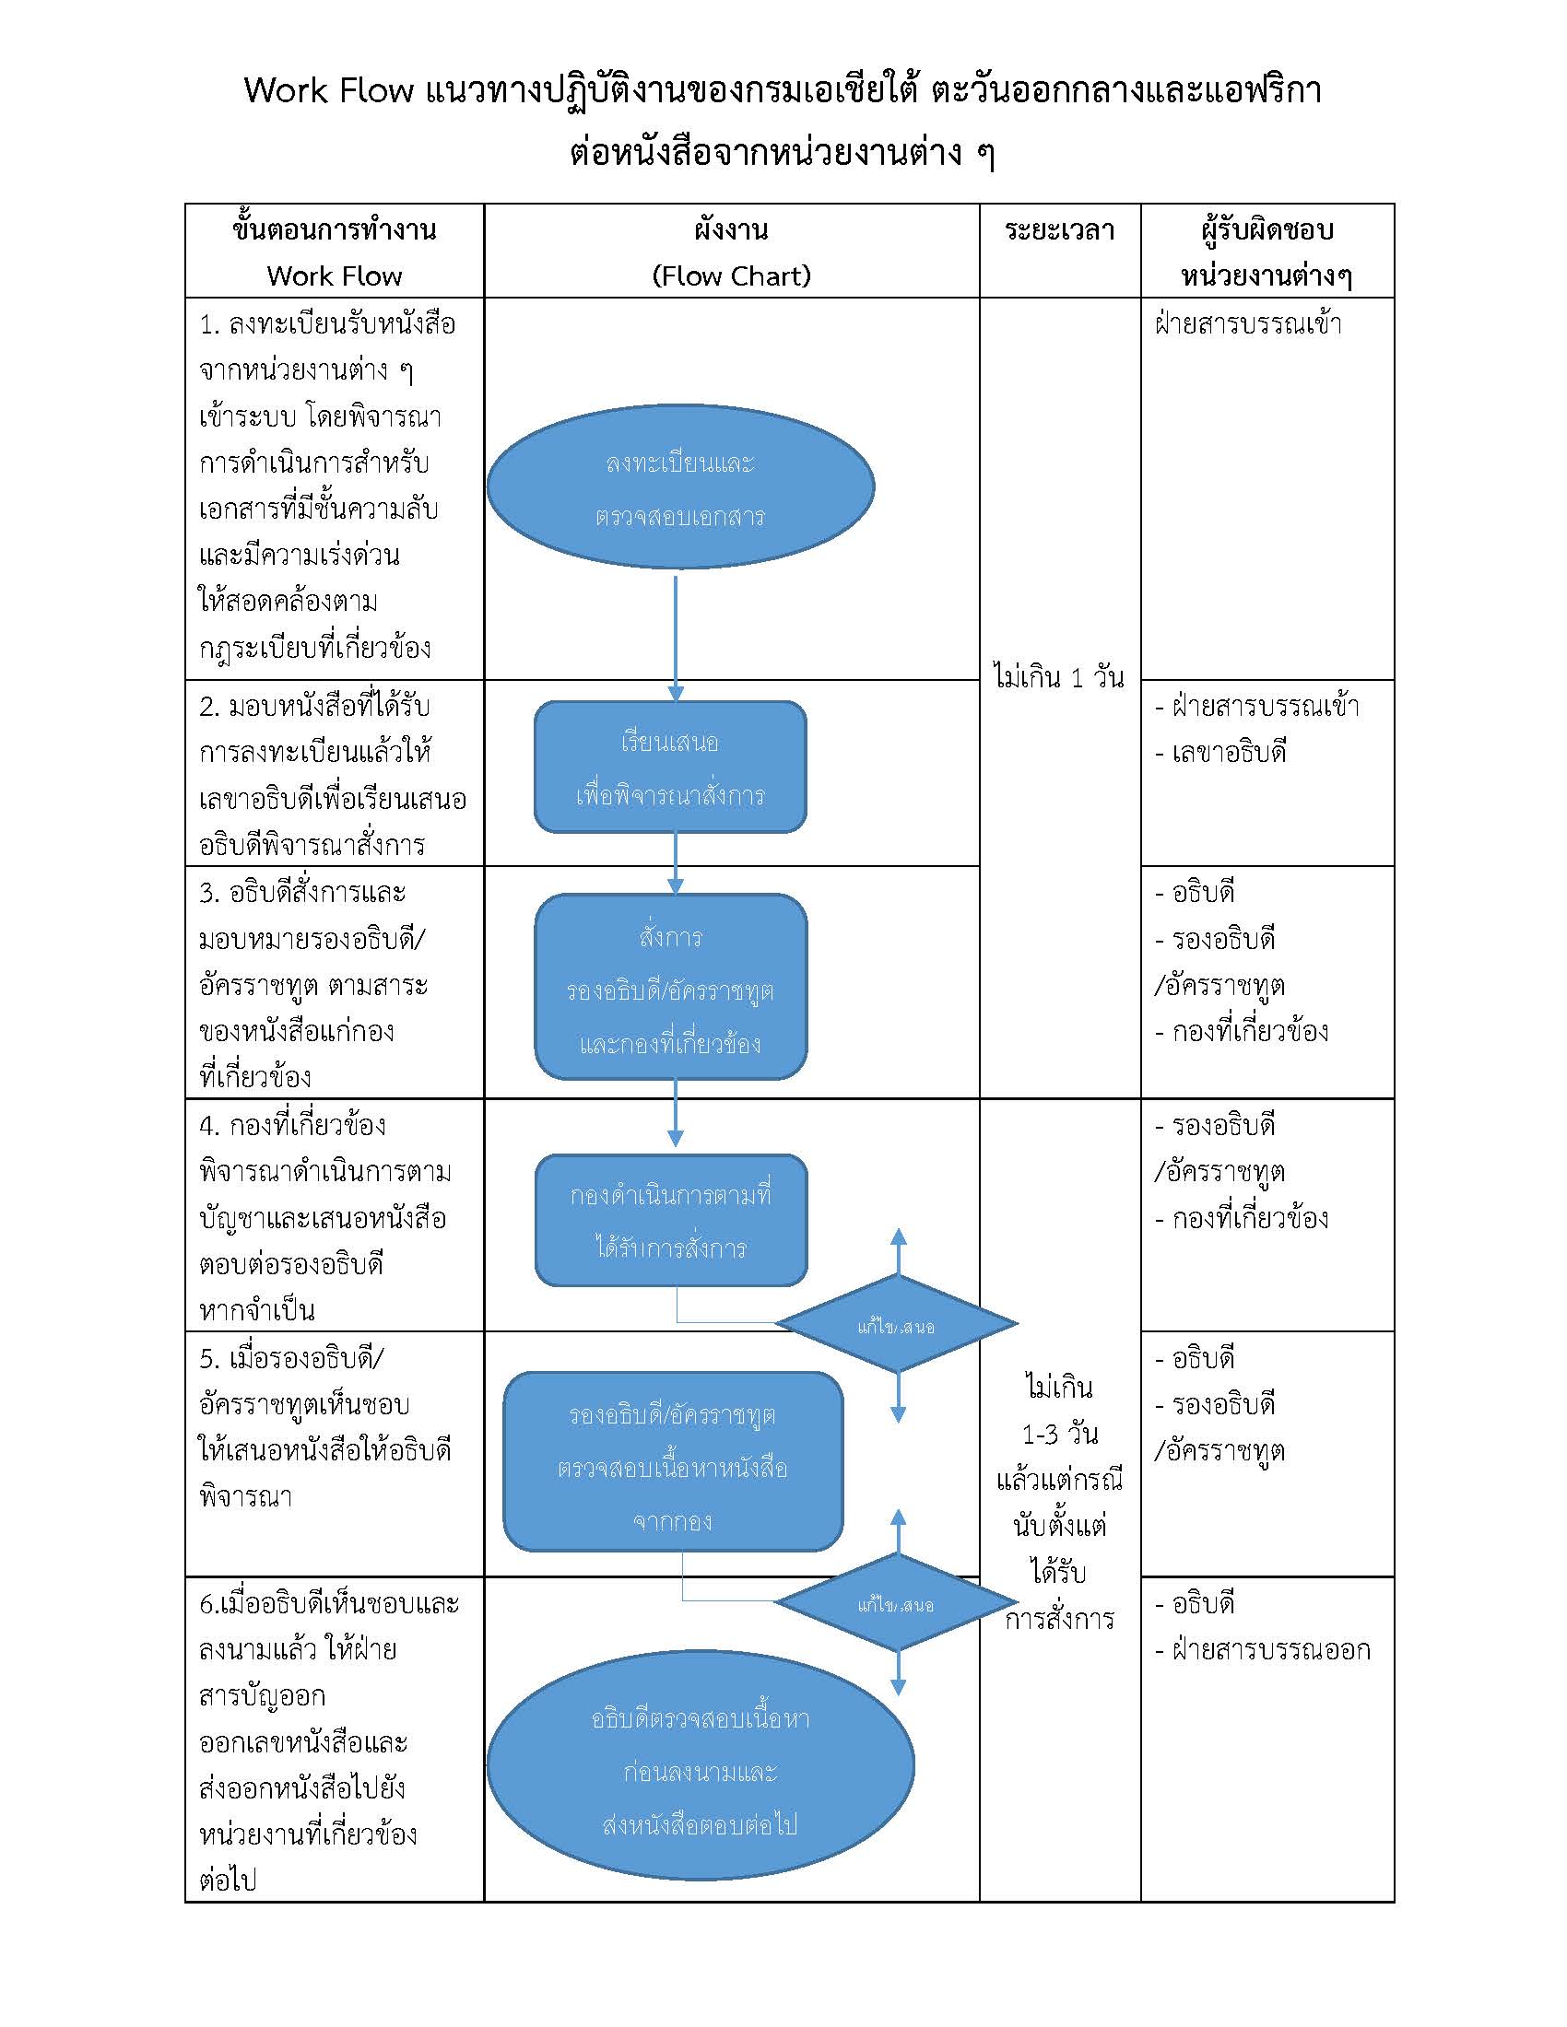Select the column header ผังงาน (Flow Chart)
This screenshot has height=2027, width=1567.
click(x=732, y=252)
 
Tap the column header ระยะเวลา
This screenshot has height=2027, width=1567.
click(x=1059, y=230)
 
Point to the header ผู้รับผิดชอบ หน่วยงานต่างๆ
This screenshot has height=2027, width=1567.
click(x=1267, y=252)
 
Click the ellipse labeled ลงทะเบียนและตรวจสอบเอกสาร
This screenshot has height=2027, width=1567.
click(x=680, y=486)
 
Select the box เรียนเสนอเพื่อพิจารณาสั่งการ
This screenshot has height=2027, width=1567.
click(x=670, y=767)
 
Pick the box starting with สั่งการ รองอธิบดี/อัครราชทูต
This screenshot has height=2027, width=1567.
click(x=671, y=987)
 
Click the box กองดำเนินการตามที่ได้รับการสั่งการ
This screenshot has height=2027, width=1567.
click(x=671, y=1221)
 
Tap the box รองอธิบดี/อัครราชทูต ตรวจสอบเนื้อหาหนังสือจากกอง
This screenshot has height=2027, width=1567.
click(x=673, y=1462)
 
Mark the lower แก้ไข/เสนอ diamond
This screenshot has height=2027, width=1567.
click(x=897, y=1603)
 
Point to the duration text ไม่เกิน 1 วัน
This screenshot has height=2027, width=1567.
click(x=1058, y=676)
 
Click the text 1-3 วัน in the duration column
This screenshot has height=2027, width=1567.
click(x=1060, y=1434)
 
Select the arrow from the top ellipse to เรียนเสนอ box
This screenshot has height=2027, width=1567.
click(x=676, y=639)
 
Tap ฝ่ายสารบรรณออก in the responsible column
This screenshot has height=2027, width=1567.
click(x=1271, y=1649)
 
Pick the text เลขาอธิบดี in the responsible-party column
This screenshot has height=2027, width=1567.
click(x=1229, y=753)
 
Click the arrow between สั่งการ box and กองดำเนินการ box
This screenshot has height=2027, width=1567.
click(x=676, y=1113)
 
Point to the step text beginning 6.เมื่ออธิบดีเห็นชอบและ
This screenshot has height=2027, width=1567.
click(x=330, y=1604)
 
